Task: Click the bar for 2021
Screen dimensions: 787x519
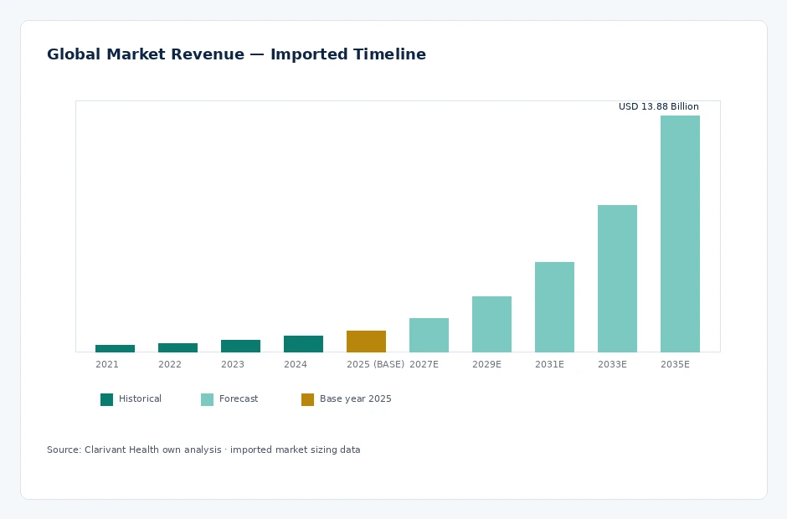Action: tap(115, 348)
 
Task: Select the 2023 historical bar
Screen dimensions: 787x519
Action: tap(240, 346)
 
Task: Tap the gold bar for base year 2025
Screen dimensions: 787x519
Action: tap(366, 342)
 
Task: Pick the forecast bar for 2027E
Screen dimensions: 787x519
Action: tap(429, 335)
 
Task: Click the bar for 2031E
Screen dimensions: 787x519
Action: tap(554, 306)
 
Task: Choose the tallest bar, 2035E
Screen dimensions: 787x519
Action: tap(680, 234)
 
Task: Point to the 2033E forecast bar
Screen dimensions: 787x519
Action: tap(617, 279)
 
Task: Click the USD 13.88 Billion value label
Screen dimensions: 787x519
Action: tap(659, 106)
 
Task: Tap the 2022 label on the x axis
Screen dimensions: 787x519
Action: tap(170, 364)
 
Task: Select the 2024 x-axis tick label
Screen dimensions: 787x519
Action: tap(295, 364)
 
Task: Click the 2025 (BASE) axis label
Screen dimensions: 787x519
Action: tap(375, 364)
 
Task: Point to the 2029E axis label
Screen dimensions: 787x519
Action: tap(486, 364)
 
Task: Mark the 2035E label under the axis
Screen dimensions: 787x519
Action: tap(675, 364)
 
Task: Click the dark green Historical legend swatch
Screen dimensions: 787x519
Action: tap(106, 399)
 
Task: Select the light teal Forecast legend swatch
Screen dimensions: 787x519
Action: tap(207, 399)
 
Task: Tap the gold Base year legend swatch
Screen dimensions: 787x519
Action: tap(307, 399)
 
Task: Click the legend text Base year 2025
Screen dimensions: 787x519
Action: tap(355, 399)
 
